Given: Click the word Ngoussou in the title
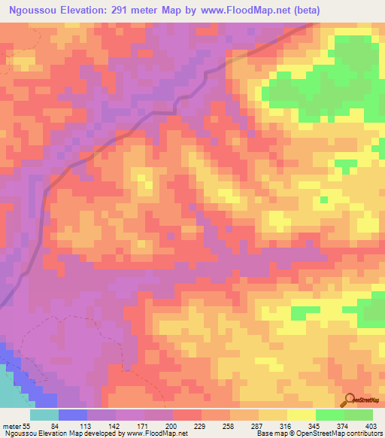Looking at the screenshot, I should point(35,11).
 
